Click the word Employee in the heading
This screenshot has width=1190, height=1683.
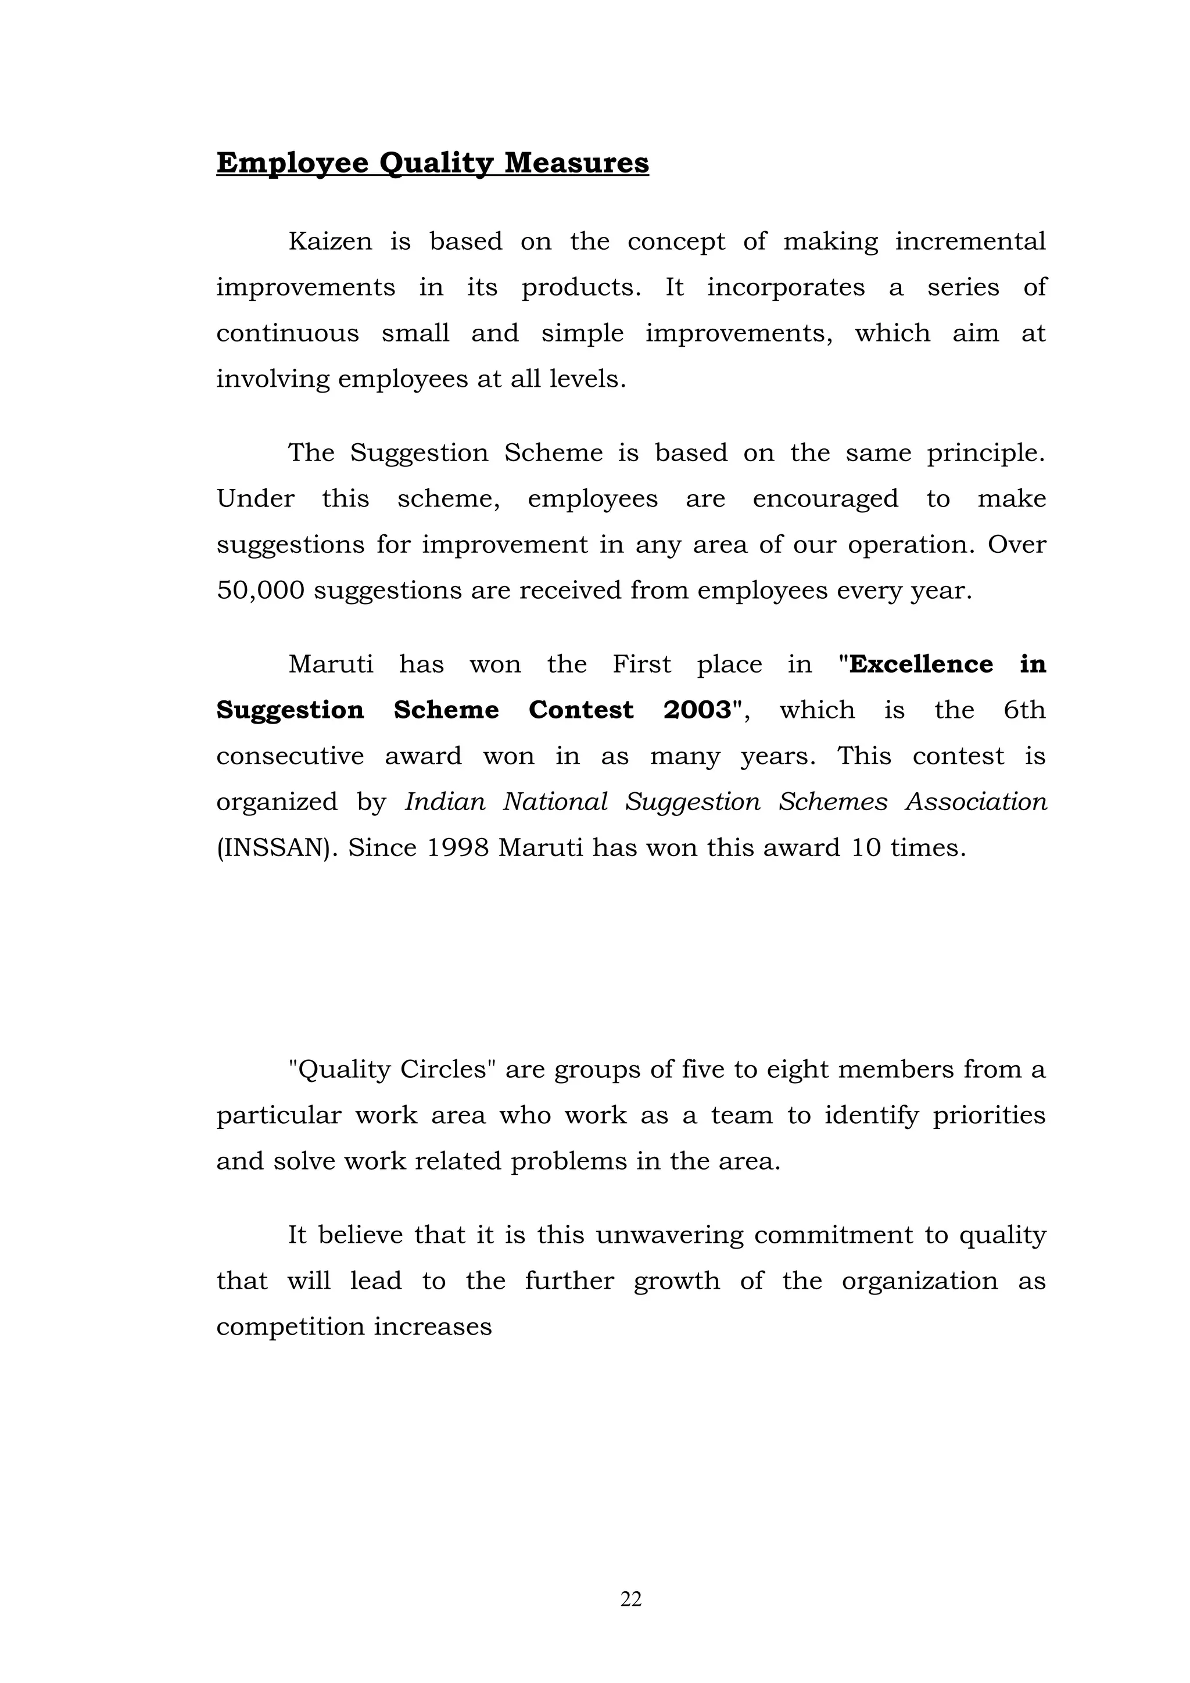tap(292, 163)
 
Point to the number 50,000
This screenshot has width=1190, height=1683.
tap(260, 591)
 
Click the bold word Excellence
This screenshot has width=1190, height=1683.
tap(921, 665)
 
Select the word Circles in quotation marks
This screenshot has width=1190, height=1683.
tap(443, 1070)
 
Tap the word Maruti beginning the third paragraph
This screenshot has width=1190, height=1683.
tap(331, 665)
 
